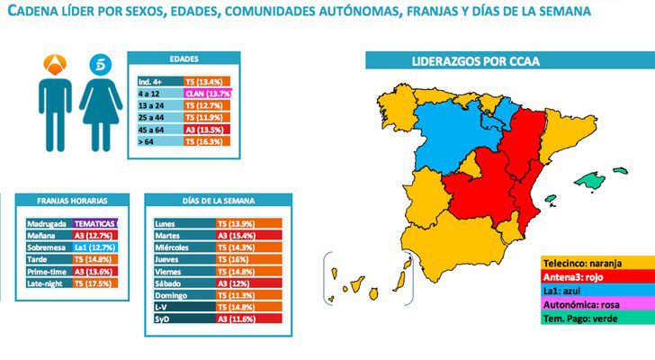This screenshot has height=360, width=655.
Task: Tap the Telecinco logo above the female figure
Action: coord(96,65)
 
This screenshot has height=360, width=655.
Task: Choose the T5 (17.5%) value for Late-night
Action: coord(94,283)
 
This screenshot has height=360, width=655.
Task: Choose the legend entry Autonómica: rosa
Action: coord(585,306)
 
